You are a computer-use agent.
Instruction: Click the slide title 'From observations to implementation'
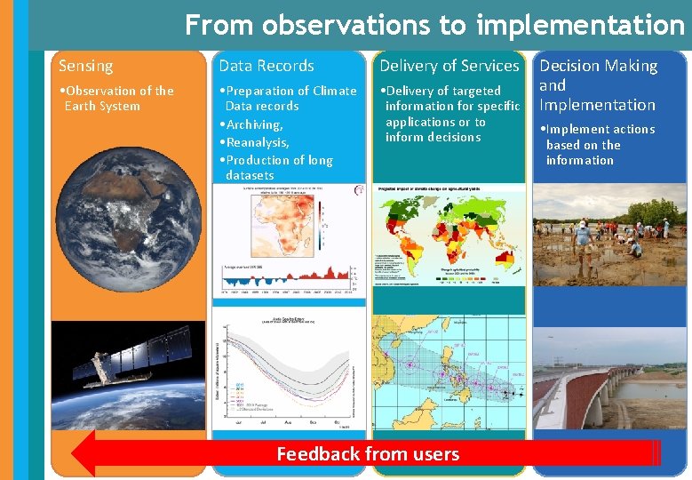(434, 25)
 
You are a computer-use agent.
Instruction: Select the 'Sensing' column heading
(86, 66)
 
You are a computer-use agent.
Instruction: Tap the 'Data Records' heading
(266, 66)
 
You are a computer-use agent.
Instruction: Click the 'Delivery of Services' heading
(449, 66)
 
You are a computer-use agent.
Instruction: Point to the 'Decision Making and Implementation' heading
(598, 85)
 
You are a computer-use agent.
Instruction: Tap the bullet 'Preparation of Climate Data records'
(290, 98)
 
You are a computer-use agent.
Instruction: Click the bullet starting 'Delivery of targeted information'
(451, 114)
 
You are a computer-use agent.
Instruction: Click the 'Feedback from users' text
(368, 454)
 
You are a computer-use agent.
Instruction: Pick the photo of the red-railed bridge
(609, 373)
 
